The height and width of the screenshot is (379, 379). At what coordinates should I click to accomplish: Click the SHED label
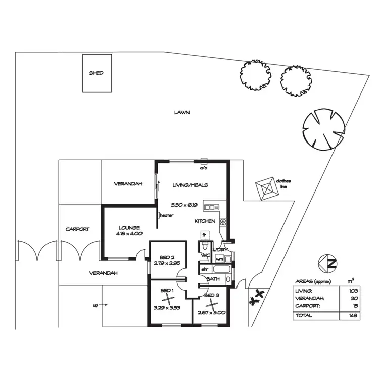coord(96,73)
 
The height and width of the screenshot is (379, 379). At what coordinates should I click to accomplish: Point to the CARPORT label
coord(77,229)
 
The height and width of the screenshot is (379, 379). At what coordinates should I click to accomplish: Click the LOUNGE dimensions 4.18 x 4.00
coord(129,234)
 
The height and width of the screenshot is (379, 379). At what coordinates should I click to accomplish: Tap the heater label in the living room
coord(167,215)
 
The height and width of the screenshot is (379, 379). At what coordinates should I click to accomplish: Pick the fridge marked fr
coord(204,235)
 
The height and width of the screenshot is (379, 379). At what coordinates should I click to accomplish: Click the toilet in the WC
coord(203,246)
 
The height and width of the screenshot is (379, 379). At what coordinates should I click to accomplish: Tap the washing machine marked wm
coord(219,259)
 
